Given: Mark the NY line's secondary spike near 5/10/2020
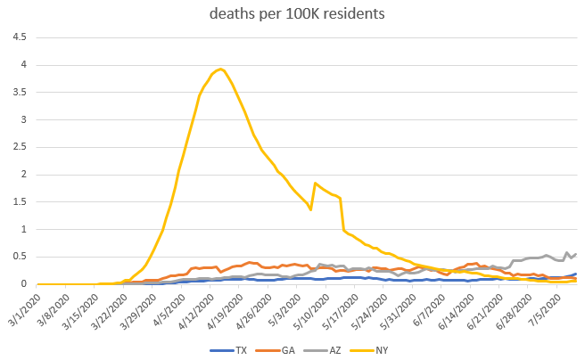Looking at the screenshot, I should [315, 183].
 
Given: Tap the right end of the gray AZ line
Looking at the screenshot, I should [575, 254].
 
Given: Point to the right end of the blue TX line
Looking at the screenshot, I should [575, 274].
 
